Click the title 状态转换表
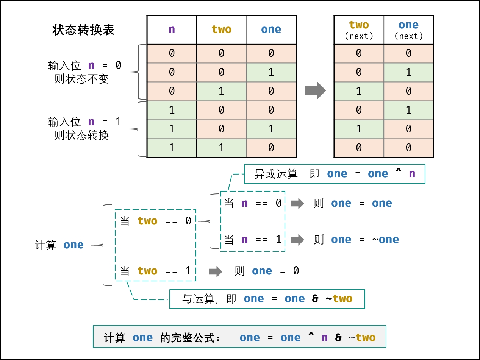(83, 30)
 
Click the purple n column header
(172, 30)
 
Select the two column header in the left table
(222, 30)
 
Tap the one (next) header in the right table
(408, 30)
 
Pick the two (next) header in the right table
(359, 30)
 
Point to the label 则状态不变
(81, 79)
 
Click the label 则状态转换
(81, 135)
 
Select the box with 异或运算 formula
(335, 174)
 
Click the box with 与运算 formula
(267, 299)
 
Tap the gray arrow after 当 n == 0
(297, 203)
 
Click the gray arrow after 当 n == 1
(297, 240)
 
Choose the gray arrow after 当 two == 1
(216, 271)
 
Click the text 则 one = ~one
(356, 240)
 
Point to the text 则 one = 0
(267, 271)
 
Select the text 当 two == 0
(156, 221)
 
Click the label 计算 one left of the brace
(59, 245)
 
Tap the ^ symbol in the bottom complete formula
(311, 337)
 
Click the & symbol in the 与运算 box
(315, 299)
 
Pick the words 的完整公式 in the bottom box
(190, 338)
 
